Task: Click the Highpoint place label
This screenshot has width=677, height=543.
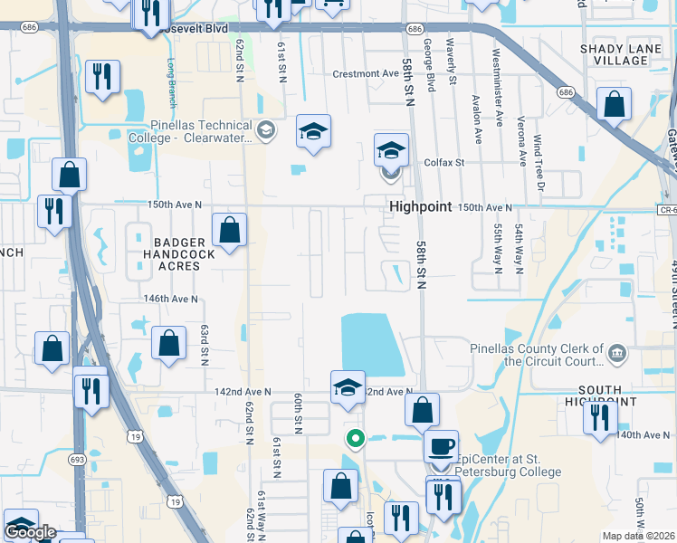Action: point(420,206)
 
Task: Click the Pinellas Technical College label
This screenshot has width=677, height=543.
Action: point(201,131)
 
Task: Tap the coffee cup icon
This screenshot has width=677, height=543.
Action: point(441,446)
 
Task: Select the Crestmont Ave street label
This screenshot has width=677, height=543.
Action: point(366,73)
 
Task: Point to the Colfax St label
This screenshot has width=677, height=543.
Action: point(443,163)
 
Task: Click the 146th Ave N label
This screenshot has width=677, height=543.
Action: point(169,299)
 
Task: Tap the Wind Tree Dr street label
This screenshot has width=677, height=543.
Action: point(539,164)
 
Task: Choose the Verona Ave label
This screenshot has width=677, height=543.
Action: point(521,141)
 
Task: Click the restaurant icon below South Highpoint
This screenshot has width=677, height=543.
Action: point(599,418)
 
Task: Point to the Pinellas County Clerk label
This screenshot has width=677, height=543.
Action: point(536,355)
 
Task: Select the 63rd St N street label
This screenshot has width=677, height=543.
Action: point(205,346)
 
